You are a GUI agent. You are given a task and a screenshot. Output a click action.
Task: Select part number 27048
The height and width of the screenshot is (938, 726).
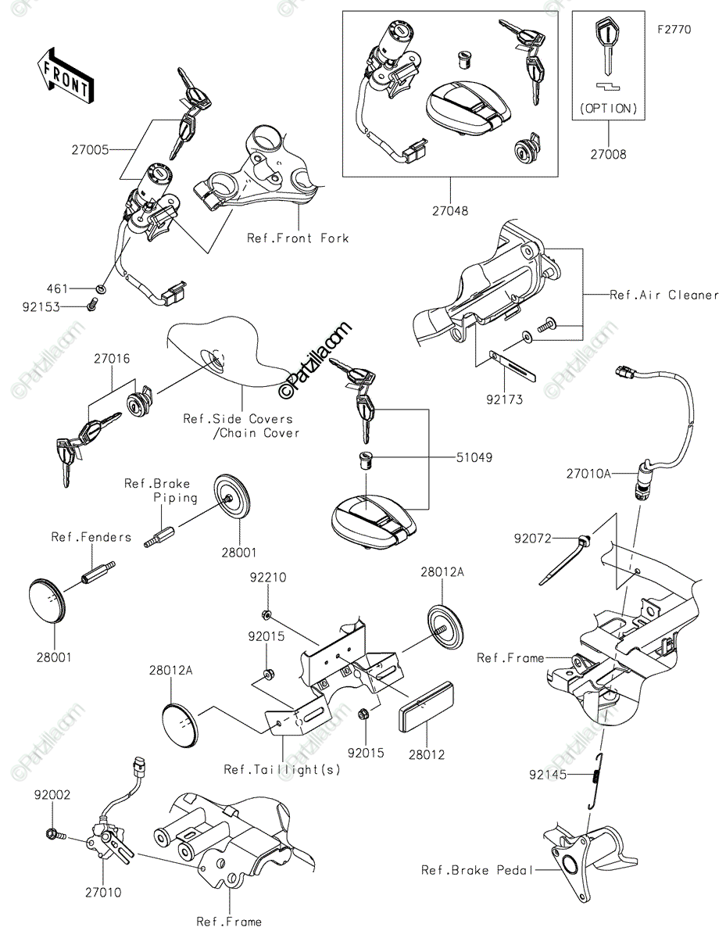[x=450, y=211]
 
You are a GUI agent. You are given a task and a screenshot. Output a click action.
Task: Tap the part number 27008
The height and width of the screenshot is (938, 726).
[x=608, y=155]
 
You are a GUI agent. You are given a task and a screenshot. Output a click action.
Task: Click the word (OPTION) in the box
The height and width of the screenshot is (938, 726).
[x=608, y=109]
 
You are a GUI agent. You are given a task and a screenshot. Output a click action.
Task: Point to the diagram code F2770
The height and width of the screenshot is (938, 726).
[x=674, y=30]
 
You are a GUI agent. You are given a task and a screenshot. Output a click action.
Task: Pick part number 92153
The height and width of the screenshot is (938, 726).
[x=41, y=307]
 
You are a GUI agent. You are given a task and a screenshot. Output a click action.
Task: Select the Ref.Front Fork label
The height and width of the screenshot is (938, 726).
[x=298, y=238]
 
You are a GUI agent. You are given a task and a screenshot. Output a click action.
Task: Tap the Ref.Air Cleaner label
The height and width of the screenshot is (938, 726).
[x=664, y=295]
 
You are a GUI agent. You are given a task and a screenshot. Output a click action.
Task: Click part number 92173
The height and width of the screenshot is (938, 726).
[x=504, y=399]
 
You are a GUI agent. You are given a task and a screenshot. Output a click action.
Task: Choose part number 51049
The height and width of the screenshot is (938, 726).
[x=474, y=457]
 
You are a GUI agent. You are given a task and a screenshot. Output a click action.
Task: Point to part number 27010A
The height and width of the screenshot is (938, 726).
[x=588, y=474]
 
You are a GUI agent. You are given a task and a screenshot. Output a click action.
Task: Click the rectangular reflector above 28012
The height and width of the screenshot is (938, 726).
[x=426, y=707]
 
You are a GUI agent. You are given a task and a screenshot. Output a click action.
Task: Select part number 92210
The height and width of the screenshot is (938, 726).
[x=267, y=578]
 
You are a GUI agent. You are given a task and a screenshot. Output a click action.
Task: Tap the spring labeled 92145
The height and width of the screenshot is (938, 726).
[x=596, y=780]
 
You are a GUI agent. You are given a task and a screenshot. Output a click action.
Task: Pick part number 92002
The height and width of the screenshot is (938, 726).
[x=52, y=795]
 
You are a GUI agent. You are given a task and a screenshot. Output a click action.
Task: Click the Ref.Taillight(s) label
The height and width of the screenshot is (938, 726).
[x=282, y=770]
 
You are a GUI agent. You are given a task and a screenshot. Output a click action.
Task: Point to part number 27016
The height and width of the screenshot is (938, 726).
[x=113, y=359]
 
